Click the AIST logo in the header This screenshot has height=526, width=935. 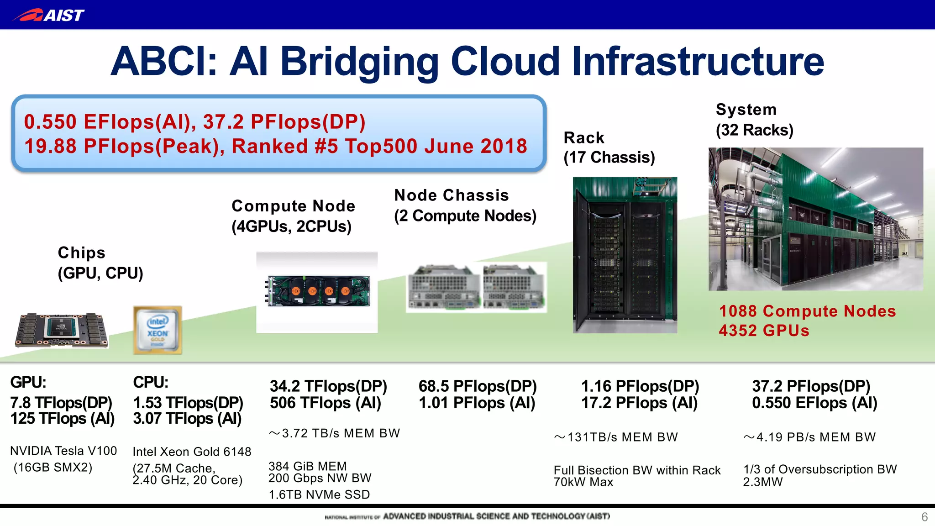[x=48, y=15]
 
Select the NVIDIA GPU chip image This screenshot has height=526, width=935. [x=62, y=330]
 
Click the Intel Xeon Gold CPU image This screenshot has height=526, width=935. [x=158, y=330]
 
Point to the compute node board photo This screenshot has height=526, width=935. [x=318, y=291]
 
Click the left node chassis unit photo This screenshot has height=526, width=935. [x=443, y=287]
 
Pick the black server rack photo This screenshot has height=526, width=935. [x=625, y=255]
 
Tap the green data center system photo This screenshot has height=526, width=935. [x=815, y=219]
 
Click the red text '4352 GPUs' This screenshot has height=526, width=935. [x=764, y=331]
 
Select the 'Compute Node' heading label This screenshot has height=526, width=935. [x=293, y=206]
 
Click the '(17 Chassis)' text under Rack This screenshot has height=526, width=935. [x=609, y=158]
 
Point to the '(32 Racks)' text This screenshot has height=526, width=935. [x=754, y=130]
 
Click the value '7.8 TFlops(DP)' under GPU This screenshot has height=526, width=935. [x=61, y=403]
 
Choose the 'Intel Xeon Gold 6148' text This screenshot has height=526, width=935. [x=192, y=452]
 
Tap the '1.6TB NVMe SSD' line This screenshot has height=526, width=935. [x=319, y=494]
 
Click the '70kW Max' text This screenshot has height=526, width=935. [x=583, y=482]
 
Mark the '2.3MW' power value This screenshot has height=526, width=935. [x=762, y=482]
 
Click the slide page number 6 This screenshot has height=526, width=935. [x=924, y=517]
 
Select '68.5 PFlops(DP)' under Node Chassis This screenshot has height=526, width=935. [x=478, y=386]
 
